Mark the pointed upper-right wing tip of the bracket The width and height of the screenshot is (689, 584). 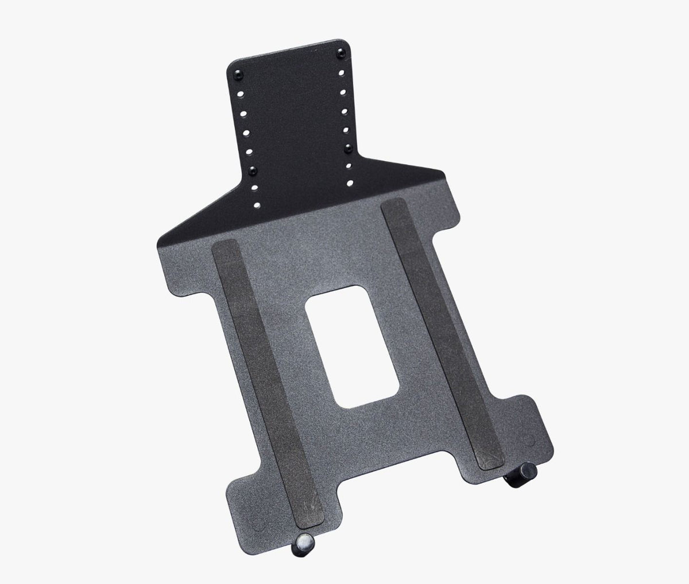pyautogui.click(x=445, y=172)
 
